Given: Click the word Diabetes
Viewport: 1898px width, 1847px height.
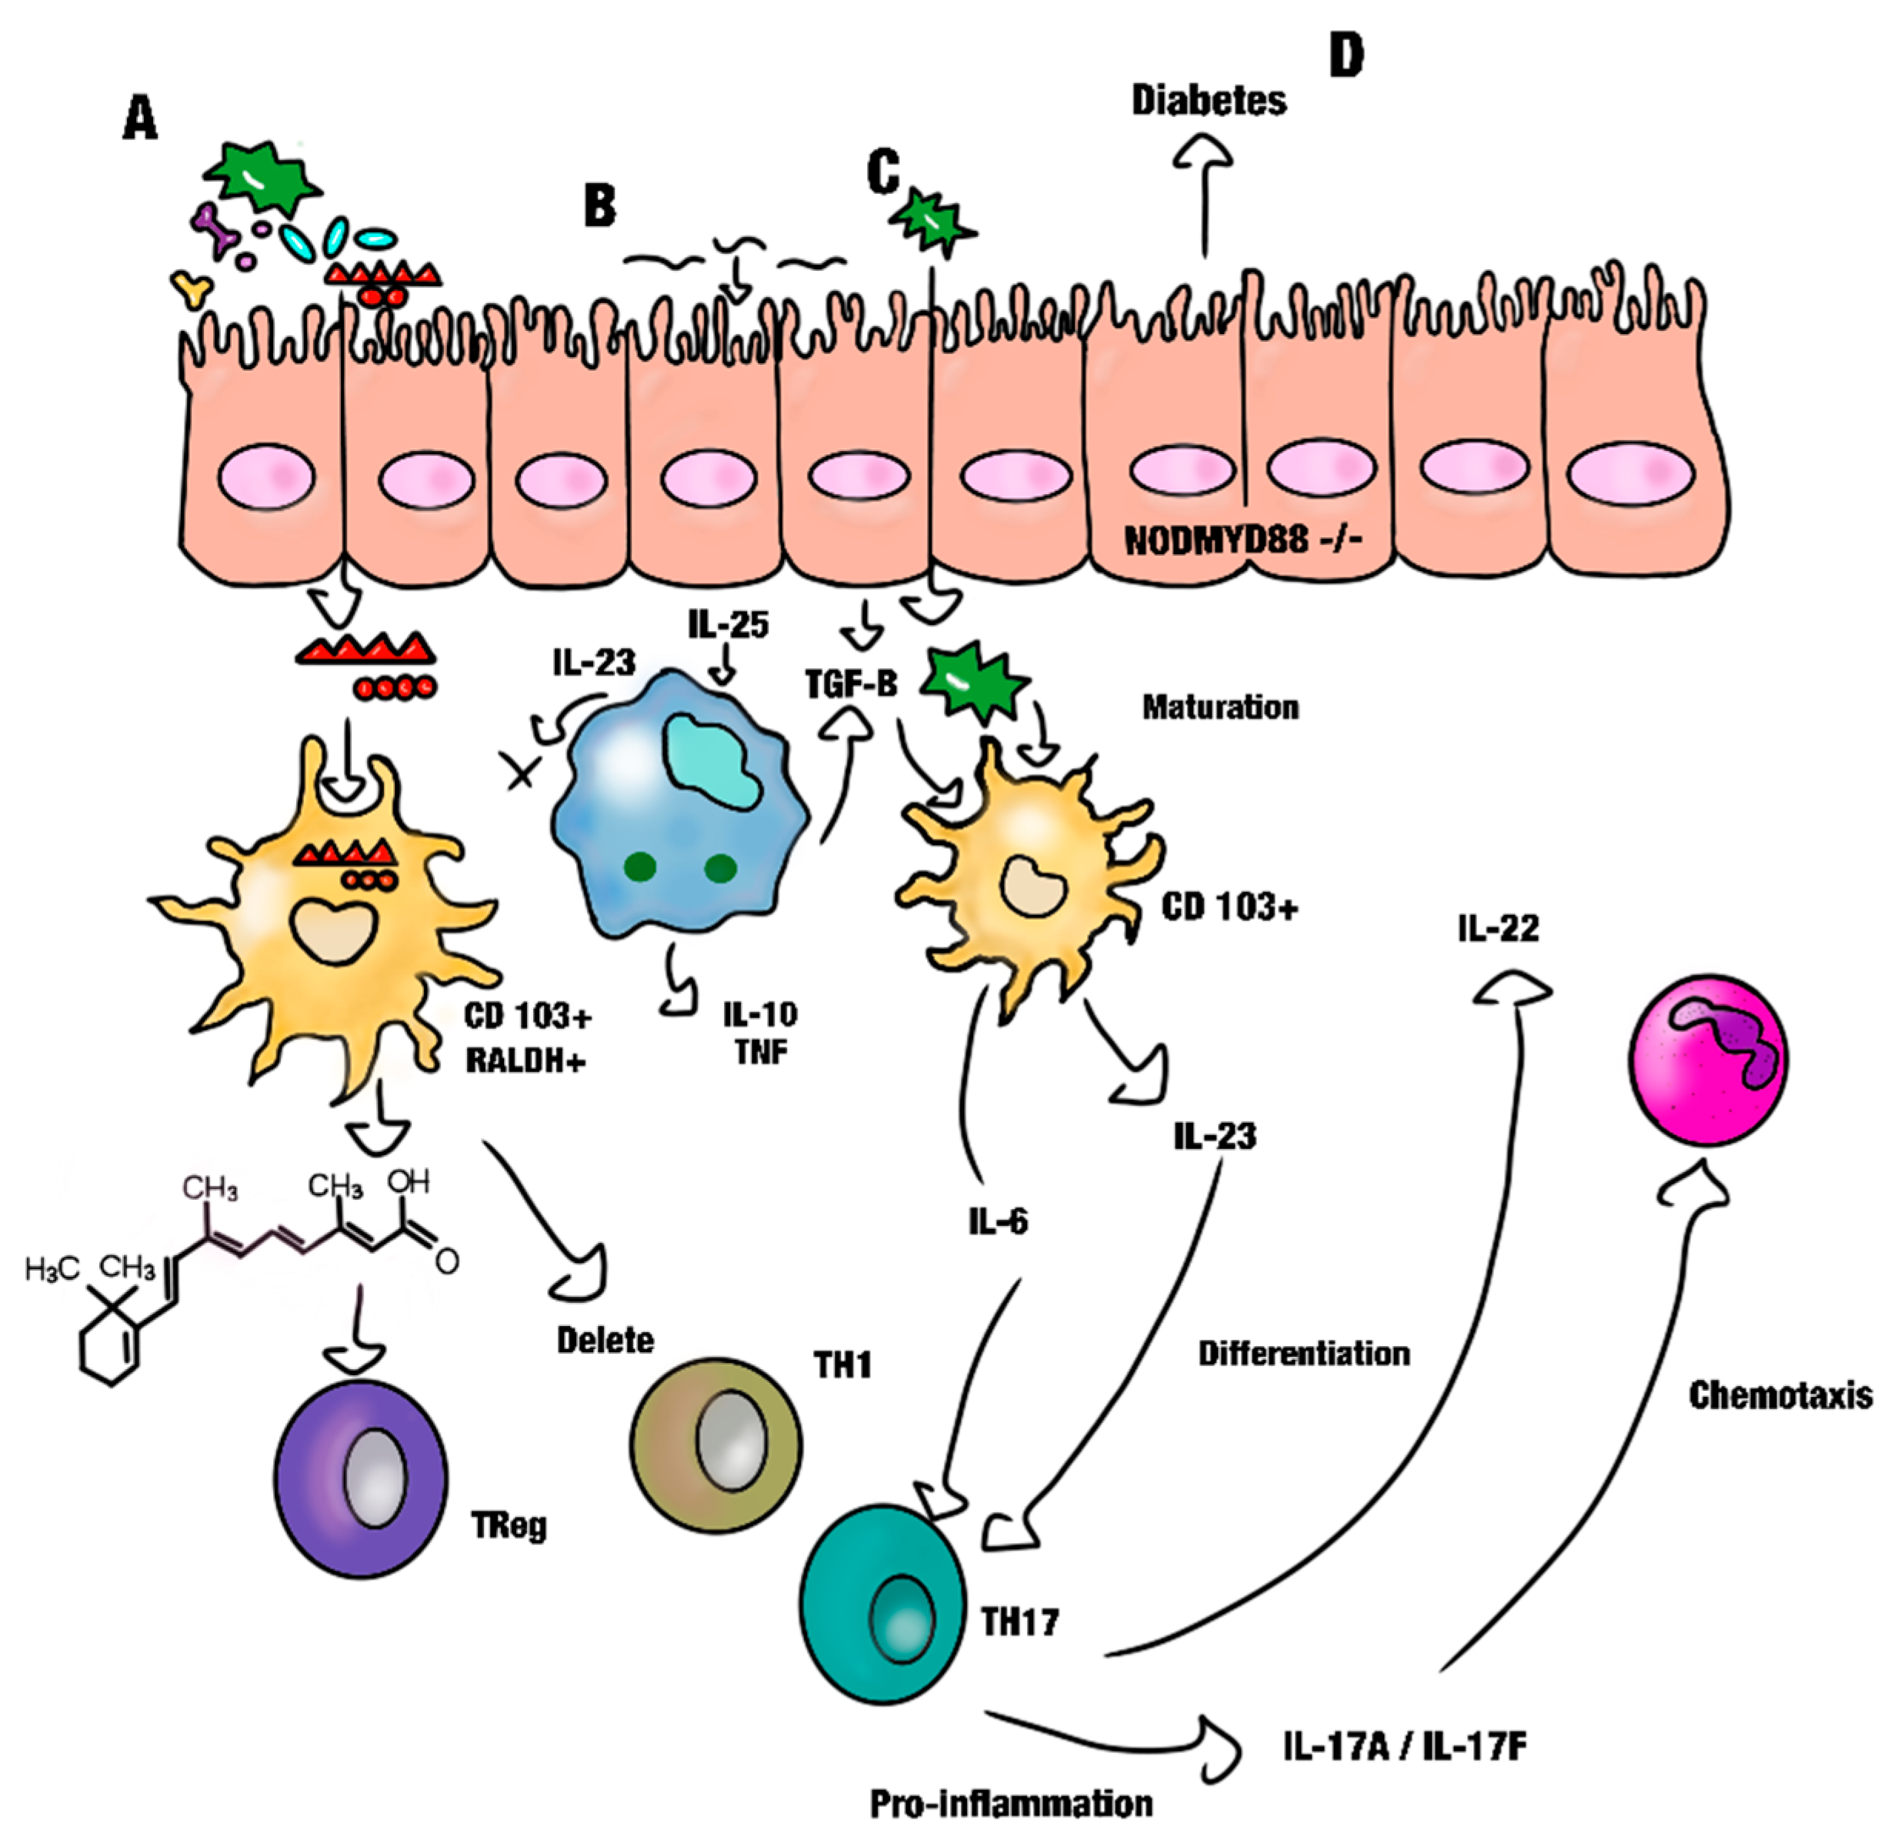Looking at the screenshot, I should (1209, 100).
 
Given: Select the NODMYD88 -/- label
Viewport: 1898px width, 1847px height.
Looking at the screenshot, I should (1243, 539).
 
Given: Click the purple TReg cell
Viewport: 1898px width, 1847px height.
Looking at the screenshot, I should (362, 1479).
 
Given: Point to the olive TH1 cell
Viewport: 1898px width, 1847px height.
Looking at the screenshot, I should (716, 1445).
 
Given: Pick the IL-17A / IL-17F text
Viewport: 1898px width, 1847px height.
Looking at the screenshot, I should (1404, 1746).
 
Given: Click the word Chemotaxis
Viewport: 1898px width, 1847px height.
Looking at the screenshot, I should (1780, 1395).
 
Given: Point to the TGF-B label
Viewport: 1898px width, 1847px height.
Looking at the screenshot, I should (851, 684).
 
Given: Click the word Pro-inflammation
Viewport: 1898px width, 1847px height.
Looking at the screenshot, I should (1011, 1803).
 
